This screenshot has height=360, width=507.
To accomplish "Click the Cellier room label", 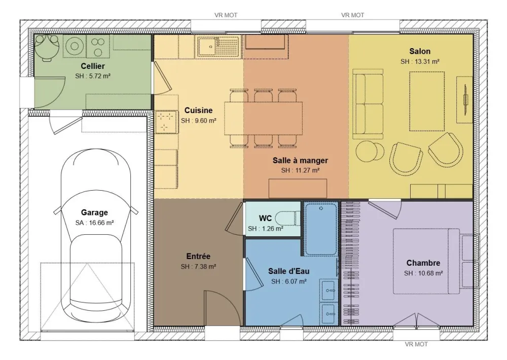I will [x=93, y=66].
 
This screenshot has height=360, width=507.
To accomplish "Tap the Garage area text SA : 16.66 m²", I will [x=94, y=222].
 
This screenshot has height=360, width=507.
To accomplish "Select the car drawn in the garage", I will [x=94, y=233].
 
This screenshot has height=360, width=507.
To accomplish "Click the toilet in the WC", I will [x=289, y=219].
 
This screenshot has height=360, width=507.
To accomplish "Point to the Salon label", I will [x=420, y=51].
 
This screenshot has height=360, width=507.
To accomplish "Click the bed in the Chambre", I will [x=426, y=261].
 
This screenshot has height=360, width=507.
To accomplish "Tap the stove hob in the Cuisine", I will [x=165, y=122].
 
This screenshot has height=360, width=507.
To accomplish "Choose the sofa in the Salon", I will [x=368, y=104].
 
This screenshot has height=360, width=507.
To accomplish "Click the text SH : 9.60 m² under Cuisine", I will [x=199, y=121].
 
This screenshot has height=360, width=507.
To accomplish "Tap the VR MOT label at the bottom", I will [x=416, y=344].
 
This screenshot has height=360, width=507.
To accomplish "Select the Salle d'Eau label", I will [x=289, y=271].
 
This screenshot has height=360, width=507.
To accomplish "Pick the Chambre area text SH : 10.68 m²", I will [x=424, y=273].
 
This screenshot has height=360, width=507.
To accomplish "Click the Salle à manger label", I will [x=300, y=160].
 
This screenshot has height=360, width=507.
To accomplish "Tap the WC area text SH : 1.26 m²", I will [x=265, y=229].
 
